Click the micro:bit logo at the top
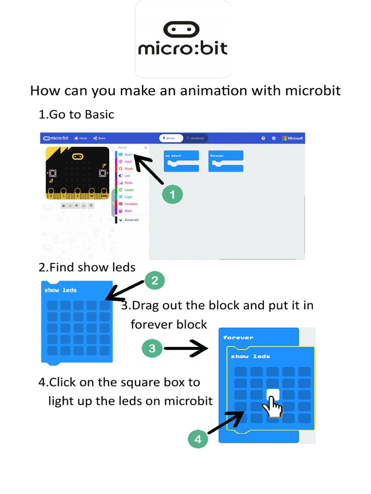(x=183, y=40)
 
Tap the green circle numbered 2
(x=155, y=281)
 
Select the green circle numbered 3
(x=153, y=348)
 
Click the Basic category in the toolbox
(x=128, y=155)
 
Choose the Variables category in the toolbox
(x=130, y=204)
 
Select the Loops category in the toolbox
(x=128, y=190)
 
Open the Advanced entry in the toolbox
(x=131, y=220)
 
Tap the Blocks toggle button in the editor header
(x=169, y=138)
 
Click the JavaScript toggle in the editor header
(x=196, y=138)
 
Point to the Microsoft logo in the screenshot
(x=293, y=138)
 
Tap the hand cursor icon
(x=272, y=405)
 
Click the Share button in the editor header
(x=100, y=138)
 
